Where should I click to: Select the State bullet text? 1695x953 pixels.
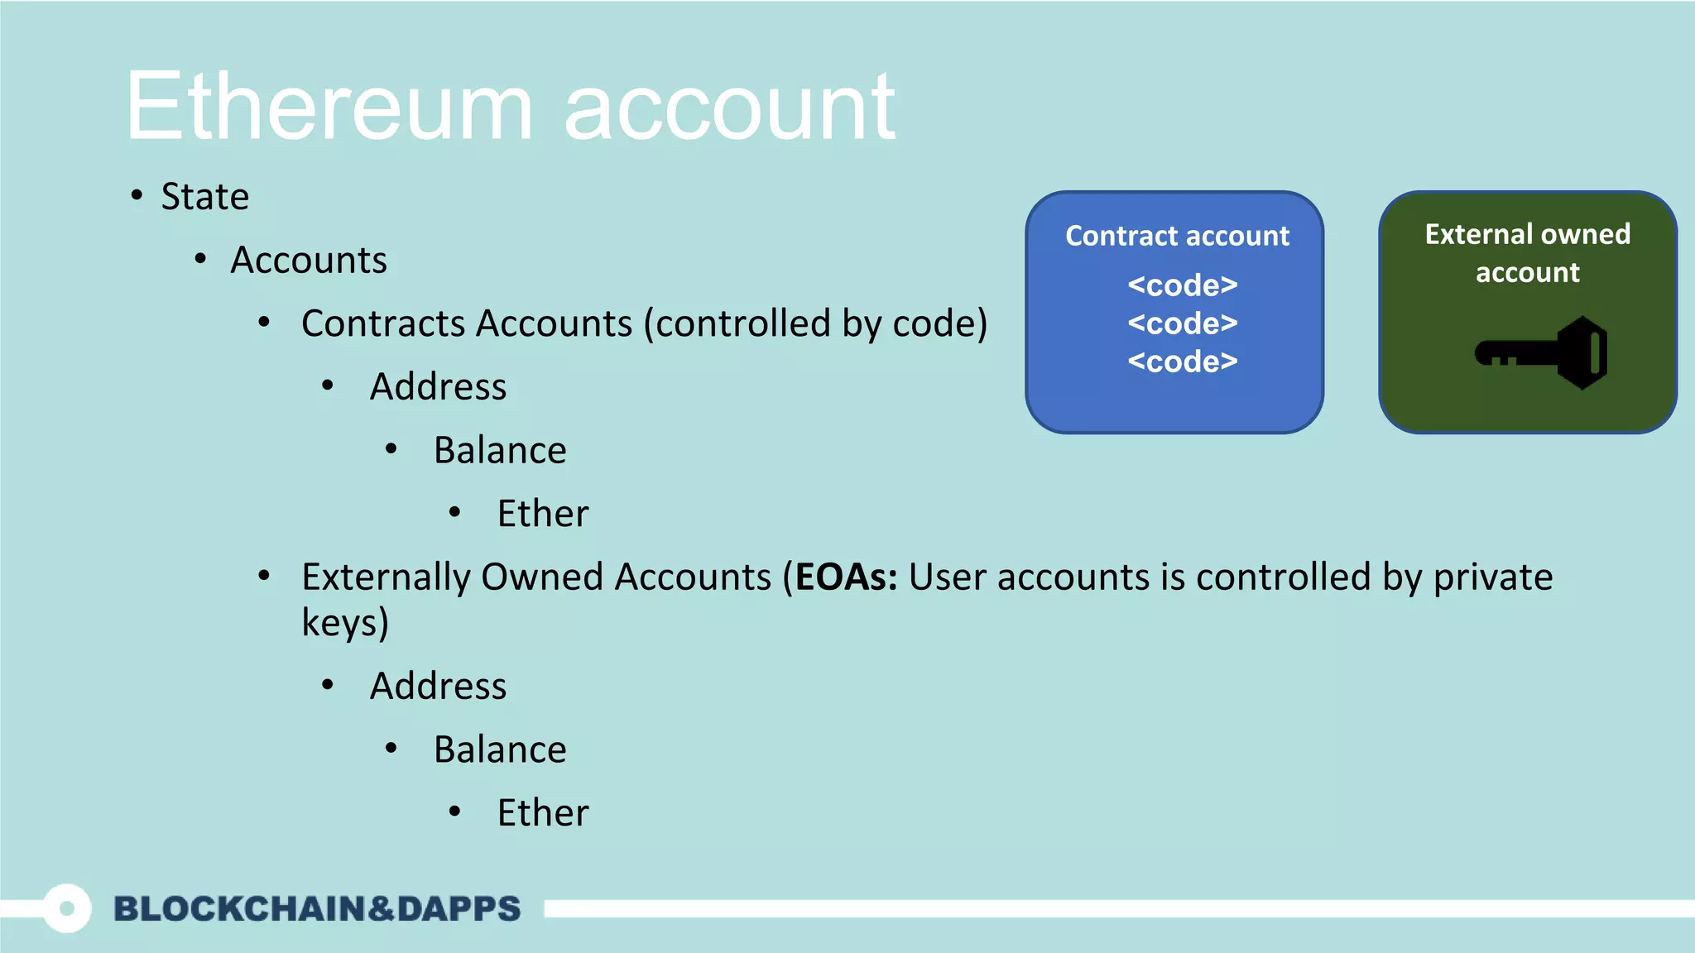[x=204, y=197]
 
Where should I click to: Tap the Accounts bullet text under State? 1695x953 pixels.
[x=308, y=261]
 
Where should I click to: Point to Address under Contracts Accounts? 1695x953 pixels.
[x=438, y=387]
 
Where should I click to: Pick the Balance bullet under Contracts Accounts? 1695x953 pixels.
[x=500, y=451]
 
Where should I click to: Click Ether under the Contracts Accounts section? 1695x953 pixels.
[x=543, y=514]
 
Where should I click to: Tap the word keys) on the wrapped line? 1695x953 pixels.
[x=345, y=623]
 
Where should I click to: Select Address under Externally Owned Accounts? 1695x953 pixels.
[x=438, y=687]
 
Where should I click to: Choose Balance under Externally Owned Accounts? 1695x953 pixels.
[x=500, y=750]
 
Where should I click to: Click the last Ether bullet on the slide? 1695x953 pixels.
[x=543, y=813]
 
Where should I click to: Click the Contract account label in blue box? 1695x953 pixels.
[x=1177, y=237]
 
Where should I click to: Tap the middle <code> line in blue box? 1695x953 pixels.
[x=1182, y=323]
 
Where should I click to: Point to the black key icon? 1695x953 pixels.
[x=1542, y=353]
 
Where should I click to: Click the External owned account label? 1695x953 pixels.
[x=1528, y=253]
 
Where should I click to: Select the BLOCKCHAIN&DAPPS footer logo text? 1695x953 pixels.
[x=317, y=908]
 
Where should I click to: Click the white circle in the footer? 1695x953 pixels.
[x=67, y=908]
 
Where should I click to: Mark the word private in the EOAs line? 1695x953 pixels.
[x=1493, y=577]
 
